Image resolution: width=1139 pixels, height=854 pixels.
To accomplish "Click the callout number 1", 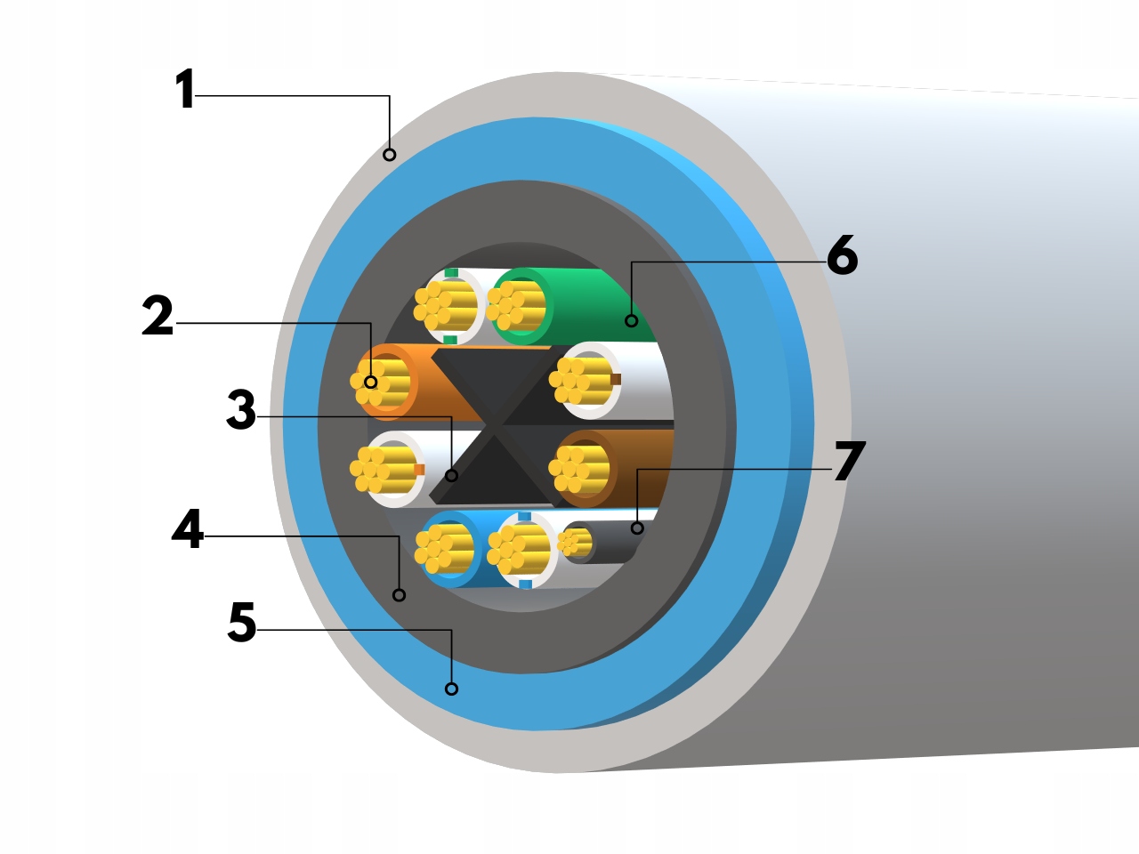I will pyautogui.click(x=184, y=90).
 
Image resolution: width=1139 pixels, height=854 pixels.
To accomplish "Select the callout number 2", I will pyautogui.click(x=158, y=318).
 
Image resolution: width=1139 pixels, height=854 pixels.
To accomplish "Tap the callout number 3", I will pyautogui.click(x=240, y=411).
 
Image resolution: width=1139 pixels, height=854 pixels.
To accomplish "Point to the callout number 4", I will pyautogui.click(x=188, y=530).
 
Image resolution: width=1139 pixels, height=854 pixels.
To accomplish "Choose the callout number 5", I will pyautogui.click(x=241, y=623).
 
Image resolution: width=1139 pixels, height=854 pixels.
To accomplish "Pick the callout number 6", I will pyautogui.click(x=842, y=256).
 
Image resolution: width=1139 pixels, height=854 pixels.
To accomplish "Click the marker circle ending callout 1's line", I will pyautogui.click(x=389, y=155).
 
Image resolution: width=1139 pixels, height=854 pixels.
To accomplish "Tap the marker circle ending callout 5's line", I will pyautogui.click(x=451, y=689).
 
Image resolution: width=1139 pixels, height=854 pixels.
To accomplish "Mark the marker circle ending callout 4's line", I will pyautogui.click(x=399, y=594).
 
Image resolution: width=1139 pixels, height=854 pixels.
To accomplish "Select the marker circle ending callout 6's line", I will pyautogui.click(x=631, y=321).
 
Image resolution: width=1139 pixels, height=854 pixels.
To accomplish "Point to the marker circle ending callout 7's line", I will pyautogui.click(x=637, y=528).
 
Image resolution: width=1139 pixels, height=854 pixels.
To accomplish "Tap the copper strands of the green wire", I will pyautogui.click(x=516, y=305).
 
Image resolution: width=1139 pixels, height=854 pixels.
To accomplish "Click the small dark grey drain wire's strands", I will pyautogui.click(x=577, y=541).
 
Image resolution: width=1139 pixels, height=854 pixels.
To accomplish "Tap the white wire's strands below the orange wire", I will pyautogui.click(x=381, y=469).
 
